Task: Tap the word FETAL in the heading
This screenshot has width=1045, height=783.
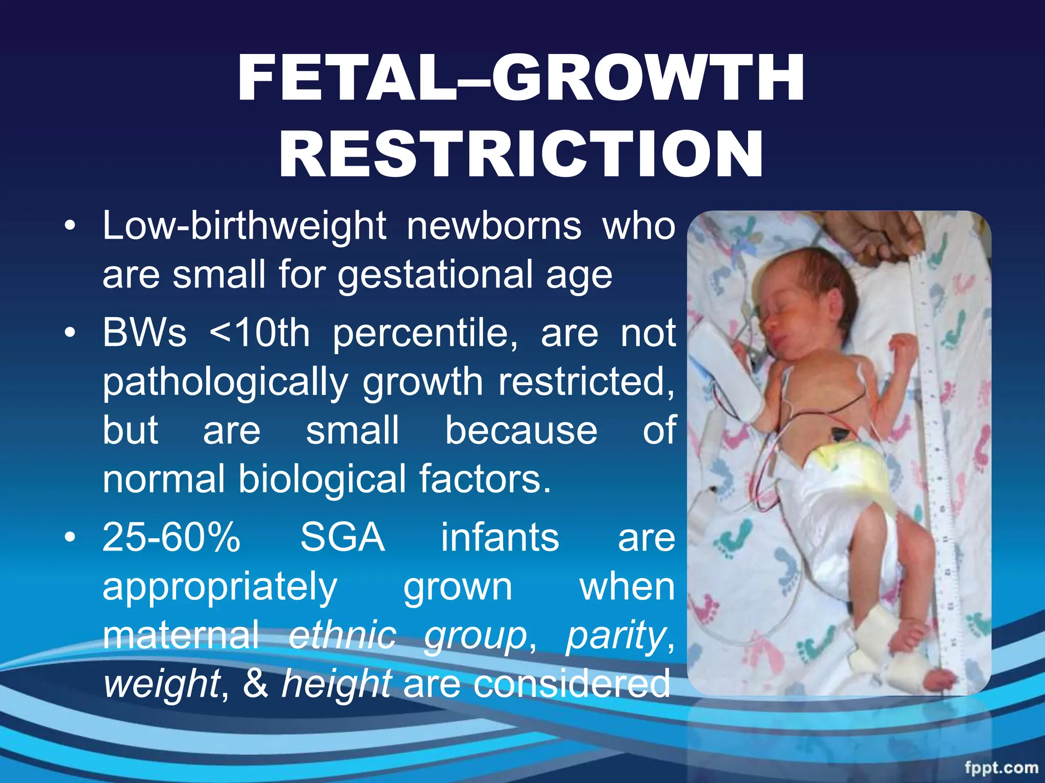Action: (x=347, y=80)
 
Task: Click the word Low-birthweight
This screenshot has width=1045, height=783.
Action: (x=244, y=226)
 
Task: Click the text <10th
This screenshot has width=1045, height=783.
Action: (x=260, y=333)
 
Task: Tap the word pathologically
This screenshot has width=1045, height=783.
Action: (x=225, y=382)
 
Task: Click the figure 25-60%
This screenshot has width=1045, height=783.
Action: (x=171, y=537)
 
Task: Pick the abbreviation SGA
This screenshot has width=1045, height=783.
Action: (x=342, y=537)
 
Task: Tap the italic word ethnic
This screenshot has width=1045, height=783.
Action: (x=342, y=635)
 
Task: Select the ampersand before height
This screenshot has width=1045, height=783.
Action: (x=255, y=684)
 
